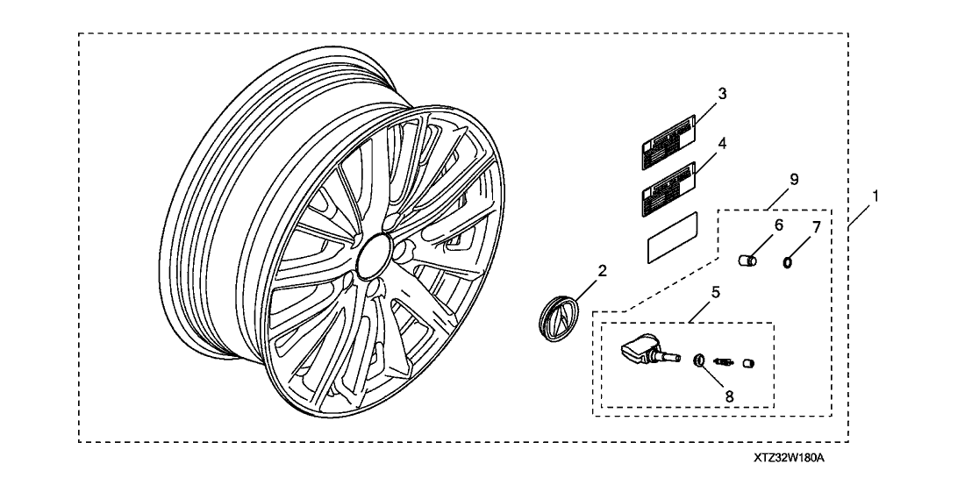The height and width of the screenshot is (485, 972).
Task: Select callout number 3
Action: point(722,93)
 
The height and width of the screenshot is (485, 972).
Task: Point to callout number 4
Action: point(722,142)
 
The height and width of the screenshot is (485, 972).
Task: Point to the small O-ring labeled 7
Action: point(789,260)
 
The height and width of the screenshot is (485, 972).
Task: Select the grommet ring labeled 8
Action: point(699,360)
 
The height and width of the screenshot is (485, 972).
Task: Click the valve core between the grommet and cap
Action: point(725,361)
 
